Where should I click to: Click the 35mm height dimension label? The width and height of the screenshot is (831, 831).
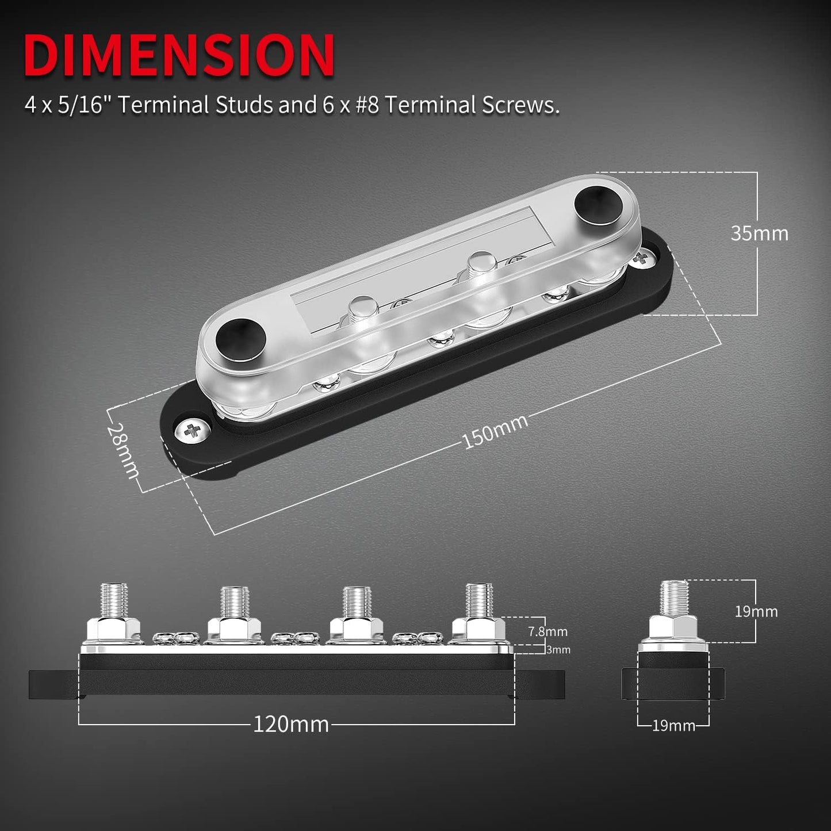(759, 233)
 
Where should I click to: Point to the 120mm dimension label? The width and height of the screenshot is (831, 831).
(291, 724)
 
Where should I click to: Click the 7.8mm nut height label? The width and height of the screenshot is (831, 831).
(547, 631)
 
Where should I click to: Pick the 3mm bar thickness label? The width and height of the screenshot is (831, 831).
(557, 650)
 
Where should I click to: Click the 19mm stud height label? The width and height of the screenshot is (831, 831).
(756, 611)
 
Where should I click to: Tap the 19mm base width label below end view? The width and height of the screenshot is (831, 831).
(673, 726)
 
